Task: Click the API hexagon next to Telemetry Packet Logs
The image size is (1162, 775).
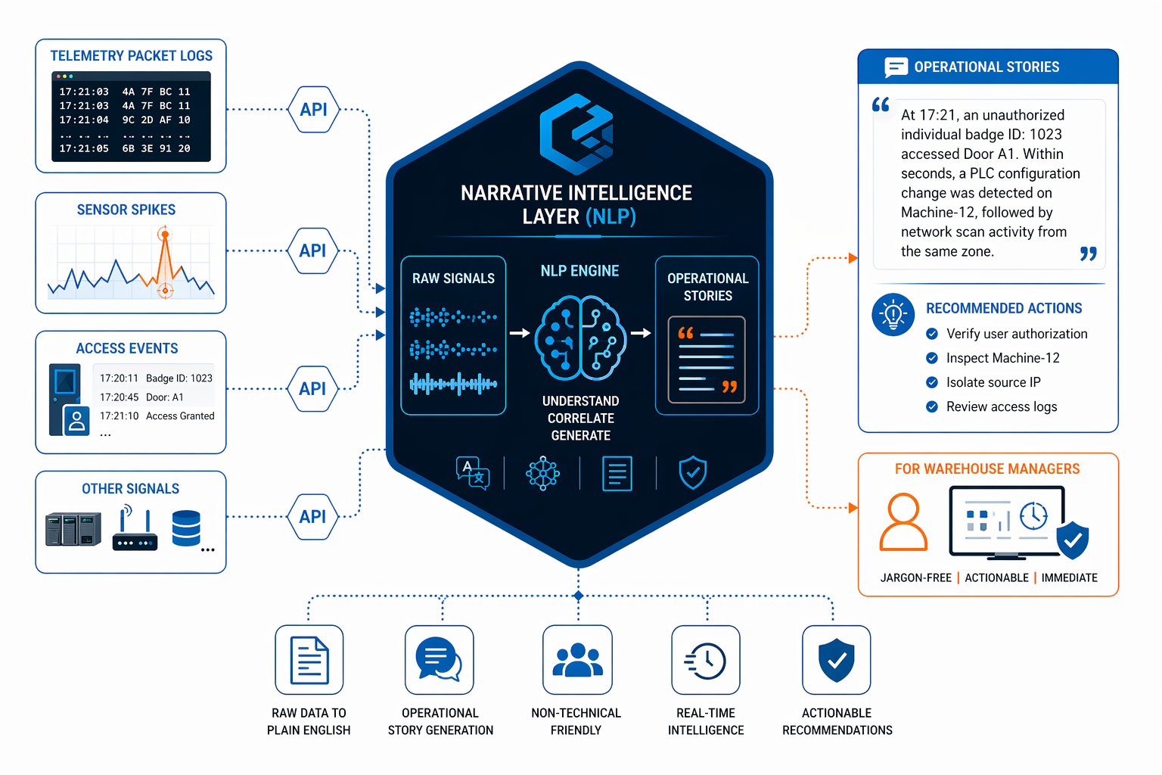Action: pos(313,110)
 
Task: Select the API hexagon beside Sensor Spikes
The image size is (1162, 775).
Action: pos(312,251)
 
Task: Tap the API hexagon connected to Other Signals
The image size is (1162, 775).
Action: pos(312,517)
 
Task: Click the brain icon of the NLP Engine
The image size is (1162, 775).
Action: pos(580,338)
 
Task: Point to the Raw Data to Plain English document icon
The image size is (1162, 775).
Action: pos(309,660)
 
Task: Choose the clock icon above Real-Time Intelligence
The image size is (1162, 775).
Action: pos(706,660)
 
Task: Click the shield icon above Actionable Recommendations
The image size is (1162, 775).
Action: pos(836,660)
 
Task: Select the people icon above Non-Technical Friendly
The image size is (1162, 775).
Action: pos(577,660)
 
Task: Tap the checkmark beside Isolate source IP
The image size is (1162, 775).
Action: pos(932,382)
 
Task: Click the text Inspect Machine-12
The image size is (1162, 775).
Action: pos(1002,358)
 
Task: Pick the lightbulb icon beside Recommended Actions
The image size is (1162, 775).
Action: pos(893,314)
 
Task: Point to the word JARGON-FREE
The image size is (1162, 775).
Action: pos(915,577)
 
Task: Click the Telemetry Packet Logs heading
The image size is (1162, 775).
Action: pos(131,56)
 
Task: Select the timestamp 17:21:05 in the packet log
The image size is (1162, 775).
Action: pos(84,149)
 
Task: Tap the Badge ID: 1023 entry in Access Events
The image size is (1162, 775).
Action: pos(179,378)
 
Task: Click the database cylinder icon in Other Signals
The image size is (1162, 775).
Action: pos(186,528)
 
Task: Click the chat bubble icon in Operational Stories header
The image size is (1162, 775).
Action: pos(896,67)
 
